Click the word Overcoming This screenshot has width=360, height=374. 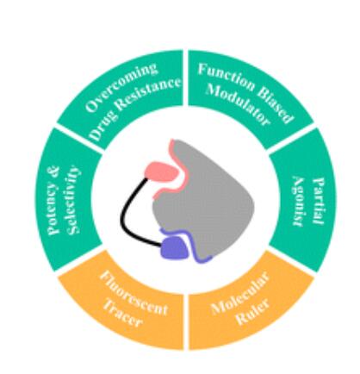[x=121, y=87]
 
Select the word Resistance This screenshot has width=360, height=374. [x=149, y=95]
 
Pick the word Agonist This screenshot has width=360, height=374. [x=299, y=202]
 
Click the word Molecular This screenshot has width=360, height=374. [x=240, y=292]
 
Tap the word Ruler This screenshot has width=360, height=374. [x=253, y=313]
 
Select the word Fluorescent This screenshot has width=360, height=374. [x=133, y=294]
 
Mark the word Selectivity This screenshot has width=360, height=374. [x=72, y=200]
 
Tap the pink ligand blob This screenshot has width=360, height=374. [x=162, y=171]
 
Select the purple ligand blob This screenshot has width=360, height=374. [x=175, y=246]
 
